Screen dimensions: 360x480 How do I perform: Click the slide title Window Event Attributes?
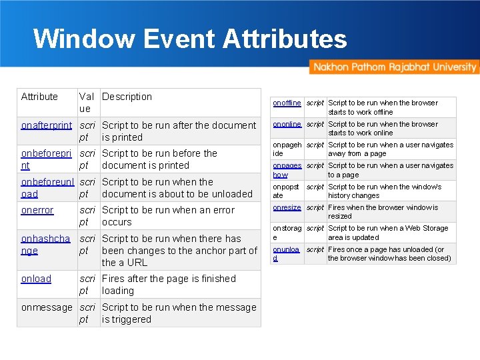coord(190,39)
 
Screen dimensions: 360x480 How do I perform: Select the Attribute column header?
coord(39,97)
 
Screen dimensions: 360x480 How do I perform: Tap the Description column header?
coord(127,97)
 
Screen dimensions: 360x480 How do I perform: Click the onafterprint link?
coord(46,125)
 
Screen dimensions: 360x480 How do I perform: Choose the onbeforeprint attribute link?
coord(45,159)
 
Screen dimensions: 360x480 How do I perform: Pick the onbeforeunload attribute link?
coord(45,188)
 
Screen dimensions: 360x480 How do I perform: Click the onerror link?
coord(37,210)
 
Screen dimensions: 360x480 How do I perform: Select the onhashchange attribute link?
coord(45,245)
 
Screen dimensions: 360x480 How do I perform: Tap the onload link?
coord(36,279)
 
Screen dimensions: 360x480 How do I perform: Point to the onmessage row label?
coord(47,307)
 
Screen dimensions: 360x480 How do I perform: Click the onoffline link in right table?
coord(287,103)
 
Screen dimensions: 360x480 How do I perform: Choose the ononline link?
coord(287,124)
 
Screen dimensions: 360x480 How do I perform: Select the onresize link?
coord(287,207)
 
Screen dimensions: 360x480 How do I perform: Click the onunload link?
coord(286,253)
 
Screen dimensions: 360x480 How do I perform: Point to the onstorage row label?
coord(287,232)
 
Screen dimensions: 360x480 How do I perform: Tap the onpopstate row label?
coord(286,191)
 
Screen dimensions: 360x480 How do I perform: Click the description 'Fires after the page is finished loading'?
coord(169,285)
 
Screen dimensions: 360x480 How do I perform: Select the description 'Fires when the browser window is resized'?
coord(383,211)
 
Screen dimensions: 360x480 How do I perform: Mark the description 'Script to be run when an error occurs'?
coord(168,216)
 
